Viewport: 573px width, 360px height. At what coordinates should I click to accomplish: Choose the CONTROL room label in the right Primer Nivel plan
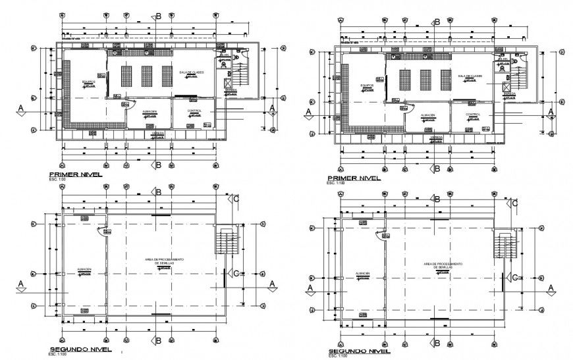coord(472,114)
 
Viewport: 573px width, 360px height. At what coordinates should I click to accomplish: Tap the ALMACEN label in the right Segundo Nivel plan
coord(362,273)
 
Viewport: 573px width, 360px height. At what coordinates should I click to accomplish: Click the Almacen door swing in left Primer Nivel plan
coord(130,104)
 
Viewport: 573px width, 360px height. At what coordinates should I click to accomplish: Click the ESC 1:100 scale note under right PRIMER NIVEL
coord(335,184)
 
